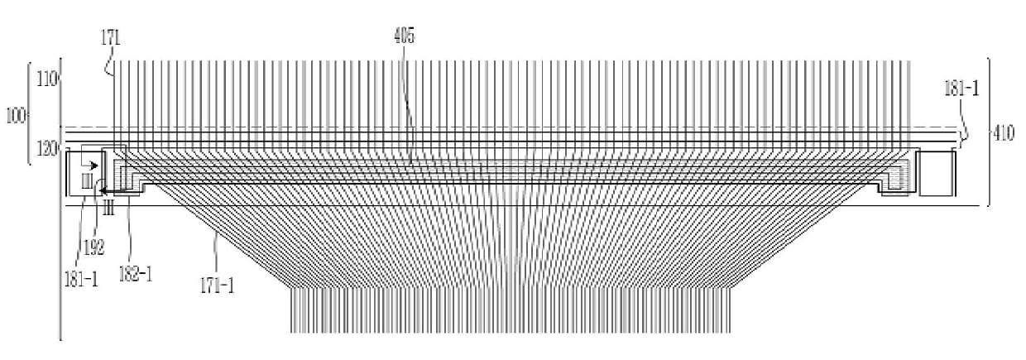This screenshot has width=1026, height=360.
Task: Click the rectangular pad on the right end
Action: [x=937, y=173]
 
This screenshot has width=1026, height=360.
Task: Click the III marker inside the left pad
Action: [x=86, y=180]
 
